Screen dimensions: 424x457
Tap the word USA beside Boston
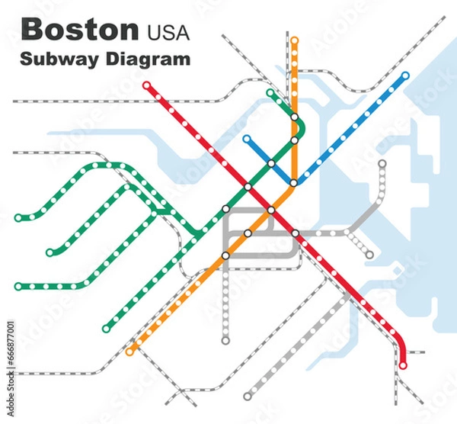[x=165, y=32]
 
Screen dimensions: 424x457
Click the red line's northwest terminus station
[x=147, y=85]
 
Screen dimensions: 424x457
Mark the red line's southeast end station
[x=403, y=365]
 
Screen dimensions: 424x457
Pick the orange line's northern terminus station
[x=295, y=40]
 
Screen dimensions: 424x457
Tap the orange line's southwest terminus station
[x=130, y=352]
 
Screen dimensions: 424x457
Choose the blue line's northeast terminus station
[x=405, y=75]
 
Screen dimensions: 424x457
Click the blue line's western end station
[x=246, y=139]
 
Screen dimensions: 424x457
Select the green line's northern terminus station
[x=270, y=93]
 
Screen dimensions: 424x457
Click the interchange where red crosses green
[x=248, y=187]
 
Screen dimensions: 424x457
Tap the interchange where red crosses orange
[x=270, y=210]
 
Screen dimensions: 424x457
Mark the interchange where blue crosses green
[x=270, y=163]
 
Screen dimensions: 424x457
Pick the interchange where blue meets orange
[x=294, y=183]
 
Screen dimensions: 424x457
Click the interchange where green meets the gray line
[x=225, y=209]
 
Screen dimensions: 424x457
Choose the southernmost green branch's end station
[x=107, y=329]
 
